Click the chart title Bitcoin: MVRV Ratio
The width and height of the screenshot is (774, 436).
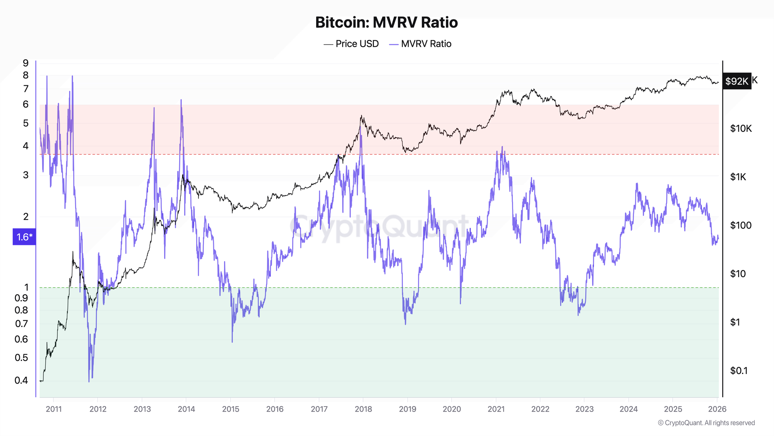[x=386, y=22]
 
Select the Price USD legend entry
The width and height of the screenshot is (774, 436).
[x=351, y=44]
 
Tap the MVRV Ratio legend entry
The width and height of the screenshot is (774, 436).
[x=421, y=44]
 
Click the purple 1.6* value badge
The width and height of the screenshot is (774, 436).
[x=24, y=237]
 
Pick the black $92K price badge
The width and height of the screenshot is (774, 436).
[x=736, y=81]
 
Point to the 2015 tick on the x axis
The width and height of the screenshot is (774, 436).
[x=231, y=409]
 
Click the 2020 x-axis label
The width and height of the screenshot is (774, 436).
[x=452, y=409]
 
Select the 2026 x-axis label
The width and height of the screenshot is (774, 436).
[x=717, y=409]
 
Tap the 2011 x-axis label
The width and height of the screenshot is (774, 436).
[x=54, y=409]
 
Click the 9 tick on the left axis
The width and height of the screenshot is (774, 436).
[x=26, y=63]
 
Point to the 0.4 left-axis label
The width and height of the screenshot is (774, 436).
[x=22, y=380]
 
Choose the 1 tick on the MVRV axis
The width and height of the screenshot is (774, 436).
[x=27, y=287]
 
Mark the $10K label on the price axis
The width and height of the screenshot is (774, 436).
[x=741, y=129]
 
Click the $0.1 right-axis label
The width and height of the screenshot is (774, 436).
[x=739, y=371]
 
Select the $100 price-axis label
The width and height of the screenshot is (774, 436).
[x=741, y=225]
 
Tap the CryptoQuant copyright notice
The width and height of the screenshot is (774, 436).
[x=706, y=423]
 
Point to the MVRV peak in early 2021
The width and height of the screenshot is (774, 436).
[x=502, y=147]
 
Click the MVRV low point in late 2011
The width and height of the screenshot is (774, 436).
[x=89, y=381]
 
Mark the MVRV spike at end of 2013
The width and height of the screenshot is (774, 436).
[x=181, y=100]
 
